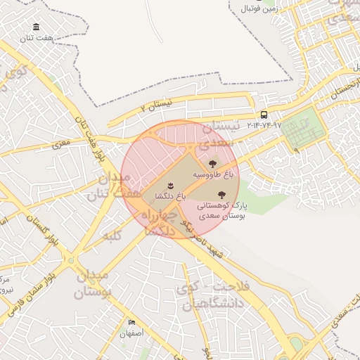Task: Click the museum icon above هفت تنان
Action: (35, 27)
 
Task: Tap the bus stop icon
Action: (264, 115)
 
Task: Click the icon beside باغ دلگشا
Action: (169, 186)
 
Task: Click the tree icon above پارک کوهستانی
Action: (221, 194)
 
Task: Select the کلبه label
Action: (113, 235)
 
